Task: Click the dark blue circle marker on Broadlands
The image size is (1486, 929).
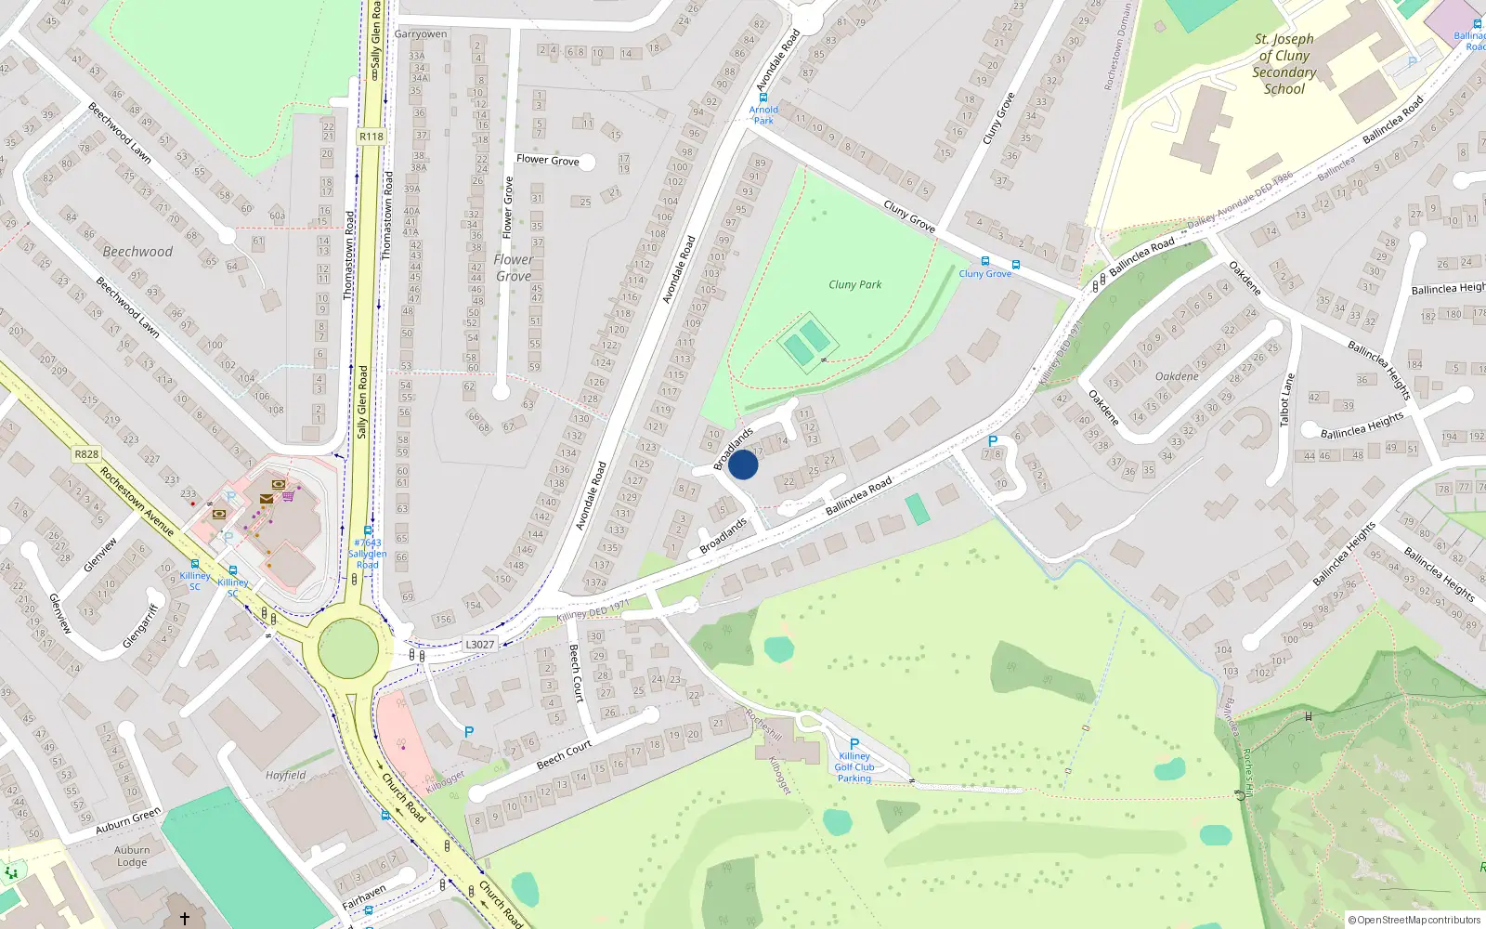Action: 743,464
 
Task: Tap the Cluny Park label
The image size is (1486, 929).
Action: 854,284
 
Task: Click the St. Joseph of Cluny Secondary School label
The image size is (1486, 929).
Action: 1284,64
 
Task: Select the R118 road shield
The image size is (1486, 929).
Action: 371,137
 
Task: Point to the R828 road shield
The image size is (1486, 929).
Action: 86,454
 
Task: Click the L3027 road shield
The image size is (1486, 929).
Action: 480,644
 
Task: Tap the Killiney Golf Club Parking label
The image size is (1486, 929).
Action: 854,766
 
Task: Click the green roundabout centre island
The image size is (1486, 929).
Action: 348,648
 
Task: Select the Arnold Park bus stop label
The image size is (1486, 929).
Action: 763,114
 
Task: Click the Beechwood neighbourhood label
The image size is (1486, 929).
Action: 137,252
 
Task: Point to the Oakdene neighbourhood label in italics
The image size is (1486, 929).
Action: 1177,376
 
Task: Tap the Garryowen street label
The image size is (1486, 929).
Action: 421,34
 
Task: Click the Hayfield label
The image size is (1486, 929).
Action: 285,775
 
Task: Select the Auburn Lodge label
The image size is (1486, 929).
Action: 132,856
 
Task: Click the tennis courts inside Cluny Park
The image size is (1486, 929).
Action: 805,343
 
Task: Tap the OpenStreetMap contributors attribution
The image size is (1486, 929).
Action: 1414,920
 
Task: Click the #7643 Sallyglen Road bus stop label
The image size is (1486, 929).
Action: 368,554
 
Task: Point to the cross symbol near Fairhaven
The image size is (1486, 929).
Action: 185,918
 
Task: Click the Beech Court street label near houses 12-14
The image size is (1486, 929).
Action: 564,754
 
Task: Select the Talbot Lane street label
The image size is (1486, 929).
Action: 1286,399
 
